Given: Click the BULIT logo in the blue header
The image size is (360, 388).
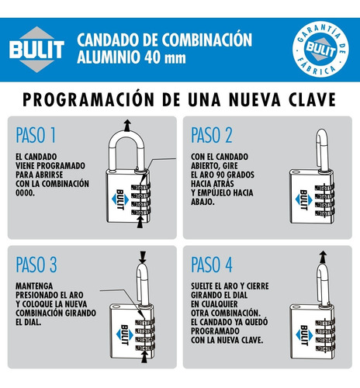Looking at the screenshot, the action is coord(36,50).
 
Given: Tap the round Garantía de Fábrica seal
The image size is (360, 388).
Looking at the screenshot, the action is coord(320,49).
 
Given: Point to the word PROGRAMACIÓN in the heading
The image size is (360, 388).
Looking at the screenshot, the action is coord(88,99).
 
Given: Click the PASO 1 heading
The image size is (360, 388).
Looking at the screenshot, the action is coord(36,135).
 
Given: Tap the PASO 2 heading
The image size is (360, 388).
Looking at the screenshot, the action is coord(212,135).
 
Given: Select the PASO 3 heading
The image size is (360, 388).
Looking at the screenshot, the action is coord(36,265).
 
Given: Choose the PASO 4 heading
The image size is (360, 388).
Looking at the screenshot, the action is coord(212,265).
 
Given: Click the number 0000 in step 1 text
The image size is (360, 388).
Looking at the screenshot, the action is coord(25,192).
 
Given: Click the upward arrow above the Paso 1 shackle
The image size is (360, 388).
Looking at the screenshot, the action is coord(126,126).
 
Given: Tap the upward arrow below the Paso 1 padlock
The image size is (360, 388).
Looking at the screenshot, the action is coord(140,222).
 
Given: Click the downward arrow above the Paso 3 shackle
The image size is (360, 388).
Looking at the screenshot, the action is coord(143,257).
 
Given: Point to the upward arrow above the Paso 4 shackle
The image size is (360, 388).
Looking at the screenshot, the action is coord(323,257).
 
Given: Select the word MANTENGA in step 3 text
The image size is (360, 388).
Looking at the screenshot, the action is coord(34,286).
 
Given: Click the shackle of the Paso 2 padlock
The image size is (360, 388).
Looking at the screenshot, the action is coord(323,150).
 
